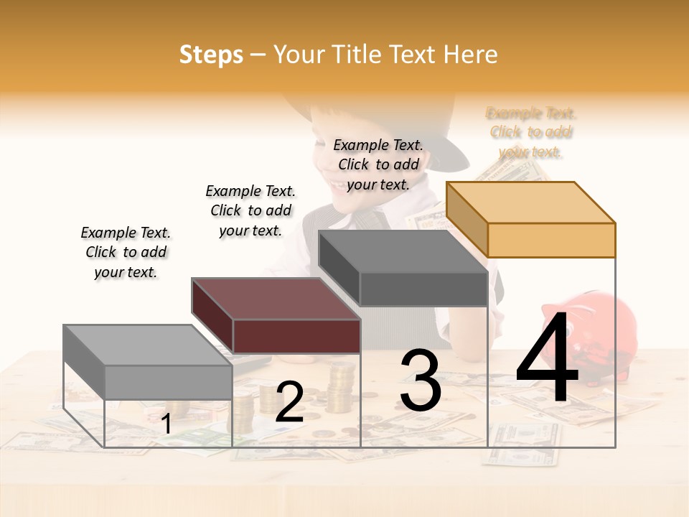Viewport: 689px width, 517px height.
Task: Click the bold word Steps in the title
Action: click(211, 55)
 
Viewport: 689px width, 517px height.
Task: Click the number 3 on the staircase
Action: click(420, 381)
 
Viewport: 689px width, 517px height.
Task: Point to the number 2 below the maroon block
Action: click(289, 402)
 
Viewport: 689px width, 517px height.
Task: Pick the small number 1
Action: click(167, 424)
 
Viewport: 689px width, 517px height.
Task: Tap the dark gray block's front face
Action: click(423, 289)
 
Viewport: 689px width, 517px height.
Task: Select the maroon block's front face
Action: click(296, 336)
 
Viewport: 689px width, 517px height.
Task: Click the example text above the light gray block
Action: click(126, 252)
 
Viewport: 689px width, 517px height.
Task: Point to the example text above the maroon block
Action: click(250, 210)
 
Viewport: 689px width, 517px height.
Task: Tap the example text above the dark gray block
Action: click(378, 164)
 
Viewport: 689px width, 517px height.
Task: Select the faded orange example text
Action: click(531, 132)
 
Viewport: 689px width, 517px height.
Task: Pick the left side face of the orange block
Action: click(467, 219)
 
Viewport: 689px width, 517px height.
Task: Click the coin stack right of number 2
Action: click(340, 388)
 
